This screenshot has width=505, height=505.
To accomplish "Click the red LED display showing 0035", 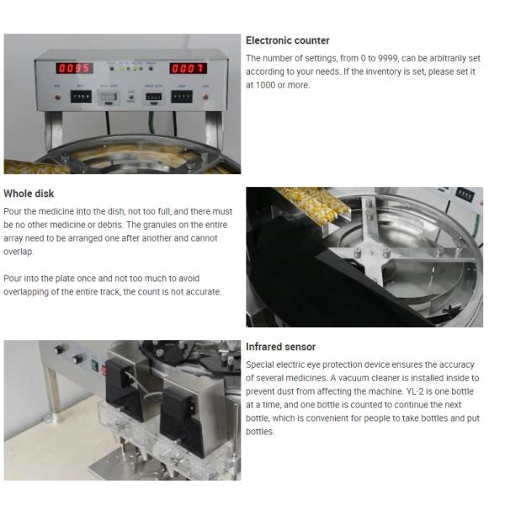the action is (x=74, y=68).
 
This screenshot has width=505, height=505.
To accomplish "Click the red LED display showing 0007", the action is (x=188, y=68).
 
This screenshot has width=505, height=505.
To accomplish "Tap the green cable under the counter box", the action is (x=151, y=123).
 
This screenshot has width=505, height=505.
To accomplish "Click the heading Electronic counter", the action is (x=288, y=40).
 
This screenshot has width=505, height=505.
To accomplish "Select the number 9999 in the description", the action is (x=387, y=58).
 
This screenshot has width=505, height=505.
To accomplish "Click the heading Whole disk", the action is (x=29, y=194).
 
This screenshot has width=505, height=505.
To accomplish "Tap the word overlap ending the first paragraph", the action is (x=19, y=252).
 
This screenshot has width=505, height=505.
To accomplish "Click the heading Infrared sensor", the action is (x=280, y=347).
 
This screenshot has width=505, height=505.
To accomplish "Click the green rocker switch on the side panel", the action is (x=94, y=365).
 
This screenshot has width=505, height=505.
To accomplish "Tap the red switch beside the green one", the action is (x=103, y=370).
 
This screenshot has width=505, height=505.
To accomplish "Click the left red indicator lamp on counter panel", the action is (x=57, y=97).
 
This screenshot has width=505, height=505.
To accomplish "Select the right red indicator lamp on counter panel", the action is (x=205, y=97).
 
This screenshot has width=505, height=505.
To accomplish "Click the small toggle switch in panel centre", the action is (x=131, y=97).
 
